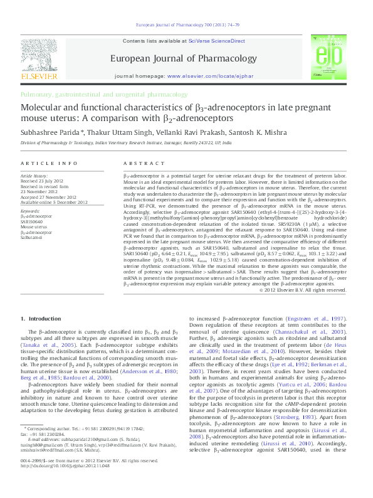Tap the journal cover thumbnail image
332,60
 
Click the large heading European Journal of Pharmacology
186,58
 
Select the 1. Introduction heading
44,319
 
